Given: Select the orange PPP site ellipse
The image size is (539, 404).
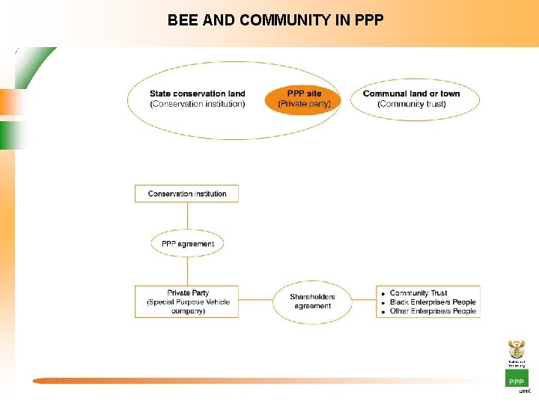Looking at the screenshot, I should (x=303, y=100).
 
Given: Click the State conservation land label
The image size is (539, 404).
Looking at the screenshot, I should (x=197, y=94).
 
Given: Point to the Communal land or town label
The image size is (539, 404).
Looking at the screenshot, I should (x=411, y=94).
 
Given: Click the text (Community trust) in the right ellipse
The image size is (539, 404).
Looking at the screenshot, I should (x=412, y=104).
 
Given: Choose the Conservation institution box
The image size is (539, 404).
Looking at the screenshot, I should (x=187, y=194).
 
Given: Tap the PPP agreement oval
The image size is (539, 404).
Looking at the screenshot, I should (x=187, y=244).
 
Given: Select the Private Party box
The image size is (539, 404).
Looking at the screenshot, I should (x=187, y=302).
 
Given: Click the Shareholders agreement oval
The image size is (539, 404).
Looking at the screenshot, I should (x=312, y=302).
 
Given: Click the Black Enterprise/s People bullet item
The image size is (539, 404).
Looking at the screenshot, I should (x=432, y=302).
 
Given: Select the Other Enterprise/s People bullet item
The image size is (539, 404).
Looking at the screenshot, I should (x=432, y=311).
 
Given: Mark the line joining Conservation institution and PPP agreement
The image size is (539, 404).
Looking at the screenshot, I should (x=187, y=216).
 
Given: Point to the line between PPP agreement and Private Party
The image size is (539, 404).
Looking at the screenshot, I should (x=187, y=271).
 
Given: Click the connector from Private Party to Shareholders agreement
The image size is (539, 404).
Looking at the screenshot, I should (x=255, y=301).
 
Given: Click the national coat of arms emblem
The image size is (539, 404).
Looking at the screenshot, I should (x=517, y=349).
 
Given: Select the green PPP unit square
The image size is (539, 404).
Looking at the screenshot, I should (x=517, y=379).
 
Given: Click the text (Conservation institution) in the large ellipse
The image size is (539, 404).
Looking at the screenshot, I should (x=197, y=104).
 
